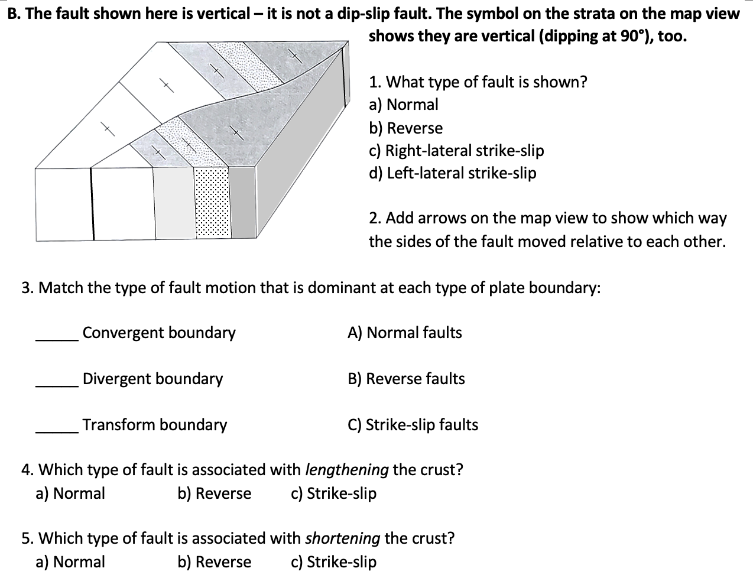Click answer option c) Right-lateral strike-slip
tap(456, 151)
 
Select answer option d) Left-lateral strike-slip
tap(452, 173)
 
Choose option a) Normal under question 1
tap(404, 105)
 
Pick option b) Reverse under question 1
tap(405, 128)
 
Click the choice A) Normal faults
tap(405, 333)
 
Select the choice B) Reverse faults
tap(406, 379)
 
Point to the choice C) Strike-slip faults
tap(413, 425)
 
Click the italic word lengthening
tap(347, 470)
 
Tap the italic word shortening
tap(343, 538)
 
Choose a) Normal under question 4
tap(70, 493)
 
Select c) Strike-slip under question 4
tap(333, 493)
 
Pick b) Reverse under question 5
tap(215, 562)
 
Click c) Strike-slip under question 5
tap(333, 562)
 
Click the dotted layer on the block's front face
tap(212, 204)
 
